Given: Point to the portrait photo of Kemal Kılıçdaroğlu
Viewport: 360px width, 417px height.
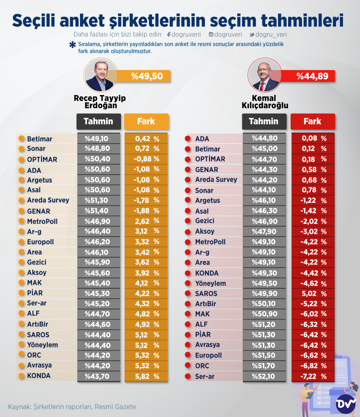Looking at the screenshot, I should point(265,75).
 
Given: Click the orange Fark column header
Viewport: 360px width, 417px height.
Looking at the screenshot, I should point(146,121).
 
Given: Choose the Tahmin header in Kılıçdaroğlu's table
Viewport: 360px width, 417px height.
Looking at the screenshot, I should point(264,121).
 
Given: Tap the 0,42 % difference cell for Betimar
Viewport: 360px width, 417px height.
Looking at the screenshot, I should point(146,139).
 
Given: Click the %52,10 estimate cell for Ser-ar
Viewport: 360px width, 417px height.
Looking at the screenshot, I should point(264,376).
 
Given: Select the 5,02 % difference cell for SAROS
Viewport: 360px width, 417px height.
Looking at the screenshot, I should point(313,294).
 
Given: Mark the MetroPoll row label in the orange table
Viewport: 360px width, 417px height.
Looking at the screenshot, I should point(42,222).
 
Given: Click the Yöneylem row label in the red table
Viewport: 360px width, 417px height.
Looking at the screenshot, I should point(210,284).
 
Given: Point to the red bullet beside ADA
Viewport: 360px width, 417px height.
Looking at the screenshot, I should point(188,139).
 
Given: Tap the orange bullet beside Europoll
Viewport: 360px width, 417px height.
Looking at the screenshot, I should point(22,242).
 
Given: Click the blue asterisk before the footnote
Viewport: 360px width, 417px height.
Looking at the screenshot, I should point(72,45).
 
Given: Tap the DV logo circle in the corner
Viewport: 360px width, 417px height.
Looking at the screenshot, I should point(345,404).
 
